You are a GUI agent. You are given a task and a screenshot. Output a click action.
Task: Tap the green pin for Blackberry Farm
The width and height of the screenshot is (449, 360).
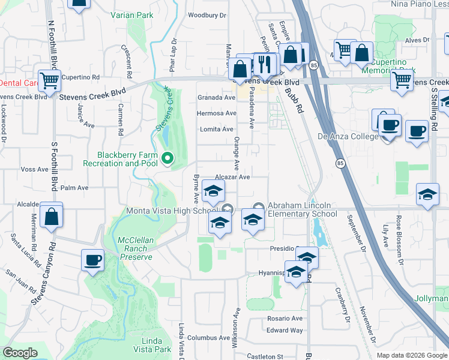pos(167,158)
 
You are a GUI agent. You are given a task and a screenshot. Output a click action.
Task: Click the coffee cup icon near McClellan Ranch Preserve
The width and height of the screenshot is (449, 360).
pos(92,260)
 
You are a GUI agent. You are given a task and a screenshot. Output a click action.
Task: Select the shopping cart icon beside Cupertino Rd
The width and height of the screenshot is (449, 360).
pos(49,80)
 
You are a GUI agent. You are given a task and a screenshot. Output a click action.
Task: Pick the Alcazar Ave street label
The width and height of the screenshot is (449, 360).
pos(232,177)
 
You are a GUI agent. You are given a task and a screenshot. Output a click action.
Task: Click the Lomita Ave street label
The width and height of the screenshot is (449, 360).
pos(217,129)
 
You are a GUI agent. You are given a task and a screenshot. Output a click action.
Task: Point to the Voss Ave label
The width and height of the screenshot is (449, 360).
pos(34,170)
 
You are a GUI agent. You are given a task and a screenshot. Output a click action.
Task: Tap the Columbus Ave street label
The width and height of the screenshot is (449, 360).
pos(208,338)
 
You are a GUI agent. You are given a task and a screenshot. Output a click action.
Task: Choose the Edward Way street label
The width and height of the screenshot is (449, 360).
pos(285,330)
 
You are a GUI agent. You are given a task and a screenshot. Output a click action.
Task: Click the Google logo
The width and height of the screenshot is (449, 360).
pos(20,353)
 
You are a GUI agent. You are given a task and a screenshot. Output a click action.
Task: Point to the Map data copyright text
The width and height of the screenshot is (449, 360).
pos(411,355)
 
